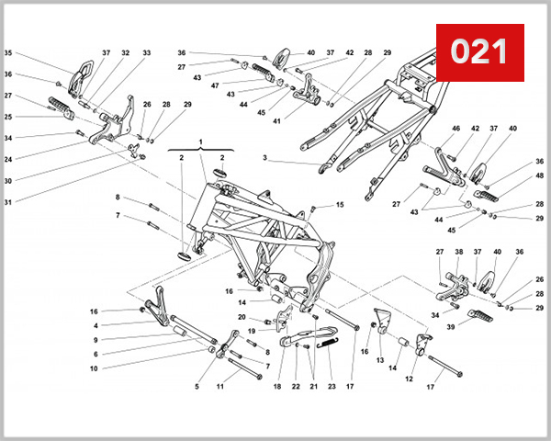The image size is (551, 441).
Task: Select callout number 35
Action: tap(9, 53)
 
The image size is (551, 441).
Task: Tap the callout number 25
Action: tap(9, 117)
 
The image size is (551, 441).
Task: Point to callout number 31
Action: tap(9, 202)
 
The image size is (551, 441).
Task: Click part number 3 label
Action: tap(264, 159)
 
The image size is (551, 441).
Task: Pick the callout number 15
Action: tap(339, 205)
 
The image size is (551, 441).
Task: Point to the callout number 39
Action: tap(450, 327)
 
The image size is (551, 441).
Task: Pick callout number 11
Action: tap(220, 387)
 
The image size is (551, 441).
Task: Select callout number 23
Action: tap(332, 387)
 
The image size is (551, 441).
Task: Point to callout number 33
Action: tap(147, 53)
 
